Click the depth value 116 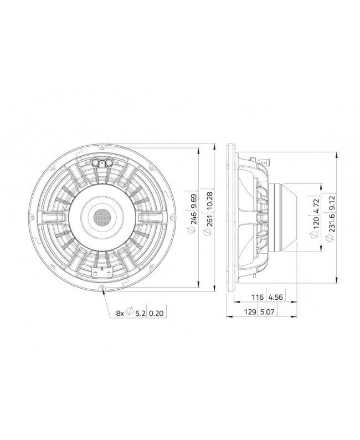tap(258, 298)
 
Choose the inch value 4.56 tap(276, 298)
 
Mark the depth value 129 tap(250, 313)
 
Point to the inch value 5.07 tap(268, 313)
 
